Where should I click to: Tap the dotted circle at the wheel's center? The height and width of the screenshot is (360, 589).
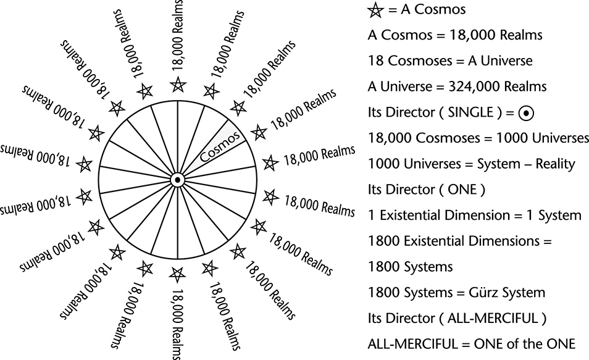tap(177, 180)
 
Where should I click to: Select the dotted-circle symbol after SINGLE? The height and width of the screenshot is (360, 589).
tap(525, 114)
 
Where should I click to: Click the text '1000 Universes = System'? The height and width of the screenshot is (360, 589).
tap(451, 164)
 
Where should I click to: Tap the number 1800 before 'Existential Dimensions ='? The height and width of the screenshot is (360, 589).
tap(382, 241)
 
